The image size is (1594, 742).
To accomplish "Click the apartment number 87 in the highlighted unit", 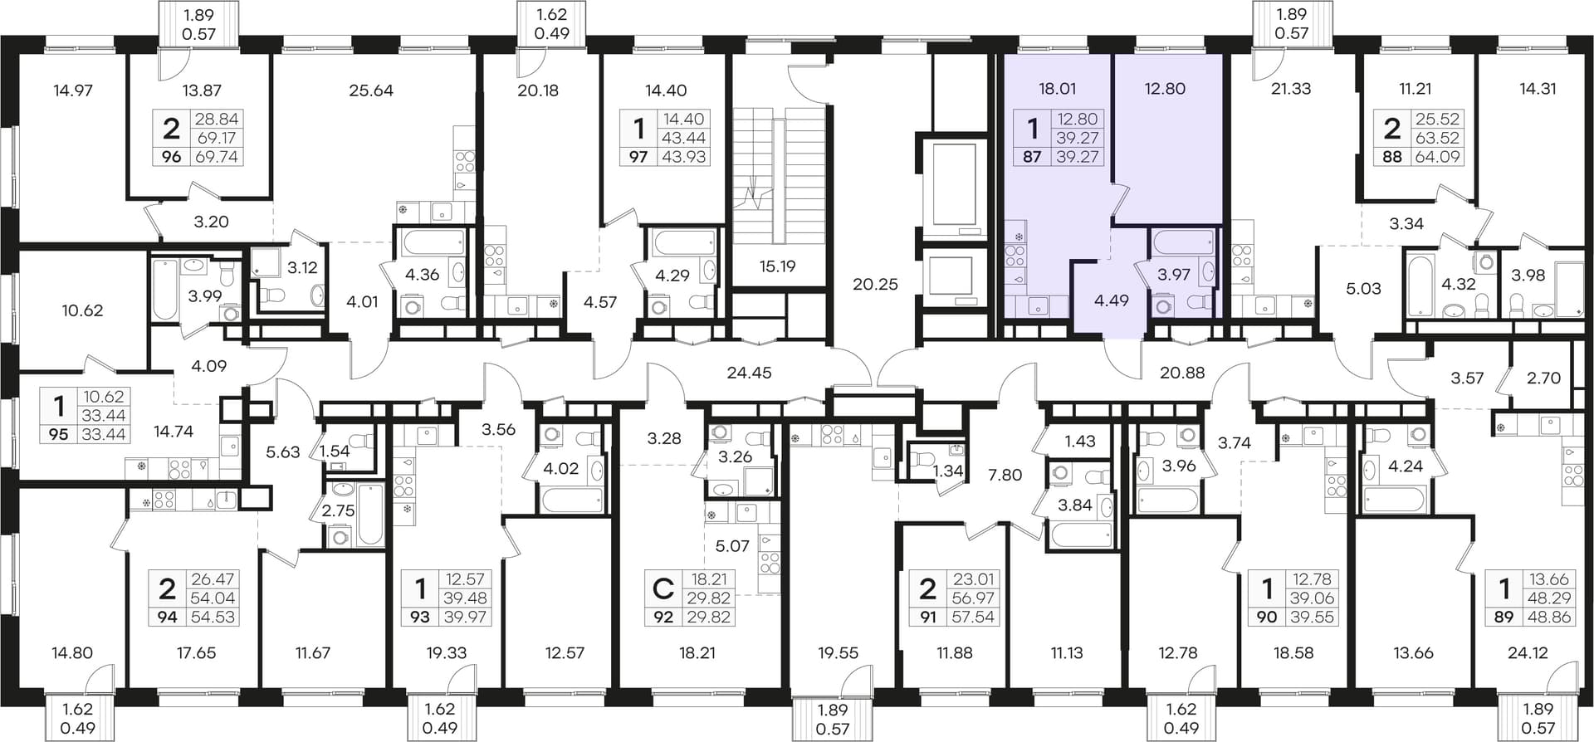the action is pos(1032,156).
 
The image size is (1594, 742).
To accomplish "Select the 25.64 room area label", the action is pos(371,90).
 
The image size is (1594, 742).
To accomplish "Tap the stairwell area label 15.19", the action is pos(777,266).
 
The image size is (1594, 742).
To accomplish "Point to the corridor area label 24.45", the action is pos(749,373).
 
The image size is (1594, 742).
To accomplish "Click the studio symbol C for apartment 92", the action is pos(663,589).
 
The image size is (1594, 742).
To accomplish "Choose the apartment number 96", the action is pos(171,156).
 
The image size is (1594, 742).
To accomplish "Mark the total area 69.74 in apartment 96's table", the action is pos(217,156).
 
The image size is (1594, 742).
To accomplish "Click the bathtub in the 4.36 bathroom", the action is pos(433,243).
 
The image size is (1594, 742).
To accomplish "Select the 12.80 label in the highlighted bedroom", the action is pos(1165,89).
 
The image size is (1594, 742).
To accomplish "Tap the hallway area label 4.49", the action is pos(1111,300).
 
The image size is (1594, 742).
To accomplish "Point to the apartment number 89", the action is pos(1504,617).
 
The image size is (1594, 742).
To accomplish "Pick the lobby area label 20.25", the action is pos(876,284).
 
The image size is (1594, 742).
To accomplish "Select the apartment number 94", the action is pos(168,617).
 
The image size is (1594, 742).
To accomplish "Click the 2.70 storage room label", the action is pos(1544,378).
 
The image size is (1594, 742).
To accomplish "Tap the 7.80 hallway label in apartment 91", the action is pos(1005,475).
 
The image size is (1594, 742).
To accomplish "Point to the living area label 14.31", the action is pos(1538,89).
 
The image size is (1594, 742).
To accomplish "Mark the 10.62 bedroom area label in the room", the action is pos(82,310).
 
